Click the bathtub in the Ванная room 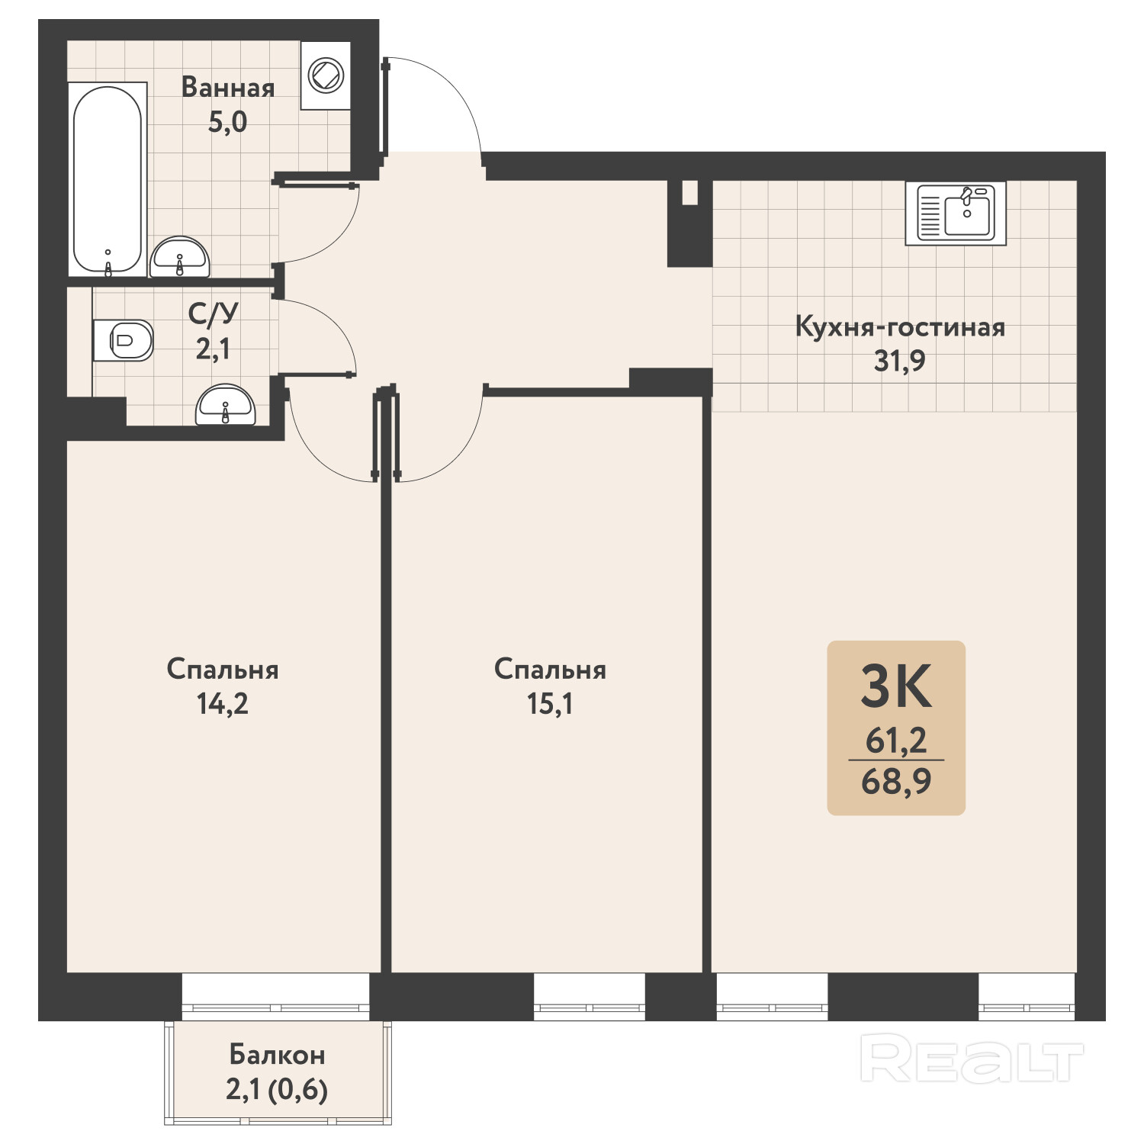[108, 180]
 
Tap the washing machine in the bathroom [326, 76]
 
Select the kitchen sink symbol [956, 214]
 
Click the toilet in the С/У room [124, 340]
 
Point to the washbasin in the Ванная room [179, 258]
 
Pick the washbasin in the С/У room [225, 405]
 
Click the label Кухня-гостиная [900, 327]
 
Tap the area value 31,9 [900, 361]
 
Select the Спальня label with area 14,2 [223, 670]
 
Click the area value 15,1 [550, 704]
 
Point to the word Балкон [277, 1055]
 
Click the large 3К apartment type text [897, 686]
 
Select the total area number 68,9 [896, 782]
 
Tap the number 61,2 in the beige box [896, 740]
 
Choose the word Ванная [228, 88]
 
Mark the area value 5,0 [228, 122]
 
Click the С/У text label [214, 313]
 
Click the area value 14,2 [223, 704]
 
